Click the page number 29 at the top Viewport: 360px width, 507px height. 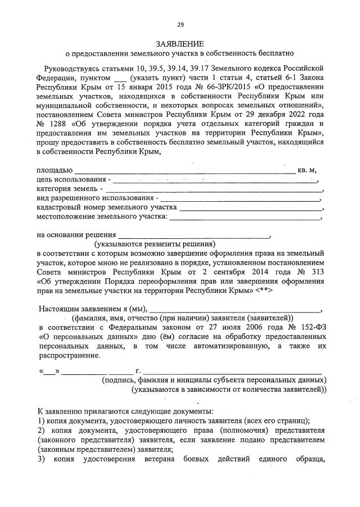click(181, 24)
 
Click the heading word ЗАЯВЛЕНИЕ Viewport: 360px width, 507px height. click(180, 43)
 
